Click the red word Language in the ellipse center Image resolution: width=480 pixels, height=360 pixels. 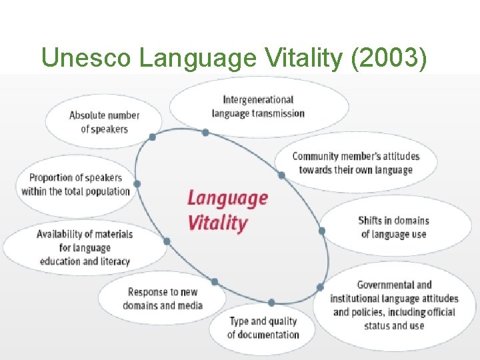click(x=227, y=198)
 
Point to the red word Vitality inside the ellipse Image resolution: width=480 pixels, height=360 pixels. click(x=217, y=223)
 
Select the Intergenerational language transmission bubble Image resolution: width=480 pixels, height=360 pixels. click(x=258, y=107)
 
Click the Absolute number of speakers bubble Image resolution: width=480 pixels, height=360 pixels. click(x=104, y=122)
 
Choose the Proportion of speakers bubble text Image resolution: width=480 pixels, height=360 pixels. click(x=75, y=185)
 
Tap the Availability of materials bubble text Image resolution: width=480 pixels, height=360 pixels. click(x=85, y=247)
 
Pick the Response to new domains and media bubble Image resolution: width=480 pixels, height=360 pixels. click(x=163, y=299)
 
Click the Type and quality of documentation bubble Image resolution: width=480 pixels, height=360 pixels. click(x=263, y=327)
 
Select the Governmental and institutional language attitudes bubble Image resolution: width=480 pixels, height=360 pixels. click(x=394, y=305)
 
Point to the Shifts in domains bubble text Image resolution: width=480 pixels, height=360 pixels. click(x=393, y=227)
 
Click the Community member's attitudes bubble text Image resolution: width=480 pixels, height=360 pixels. click(x=356, y=163)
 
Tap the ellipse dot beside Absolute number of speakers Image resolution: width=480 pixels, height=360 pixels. click(x=153, y=137)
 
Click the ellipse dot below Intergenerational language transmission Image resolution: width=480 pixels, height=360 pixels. click(x=205, y=133)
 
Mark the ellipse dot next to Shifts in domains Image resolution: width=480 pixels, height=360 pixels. click(x=321, y=231)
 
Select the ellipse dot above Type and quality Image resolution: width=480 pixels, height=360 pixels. click(x=271, y=303)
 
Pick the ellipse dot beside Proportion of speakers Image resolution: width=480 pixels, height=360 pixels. click(x=137, y=183)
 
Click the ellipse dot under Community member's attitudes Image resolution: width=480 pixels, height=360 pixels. click(x=281, y=175)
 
